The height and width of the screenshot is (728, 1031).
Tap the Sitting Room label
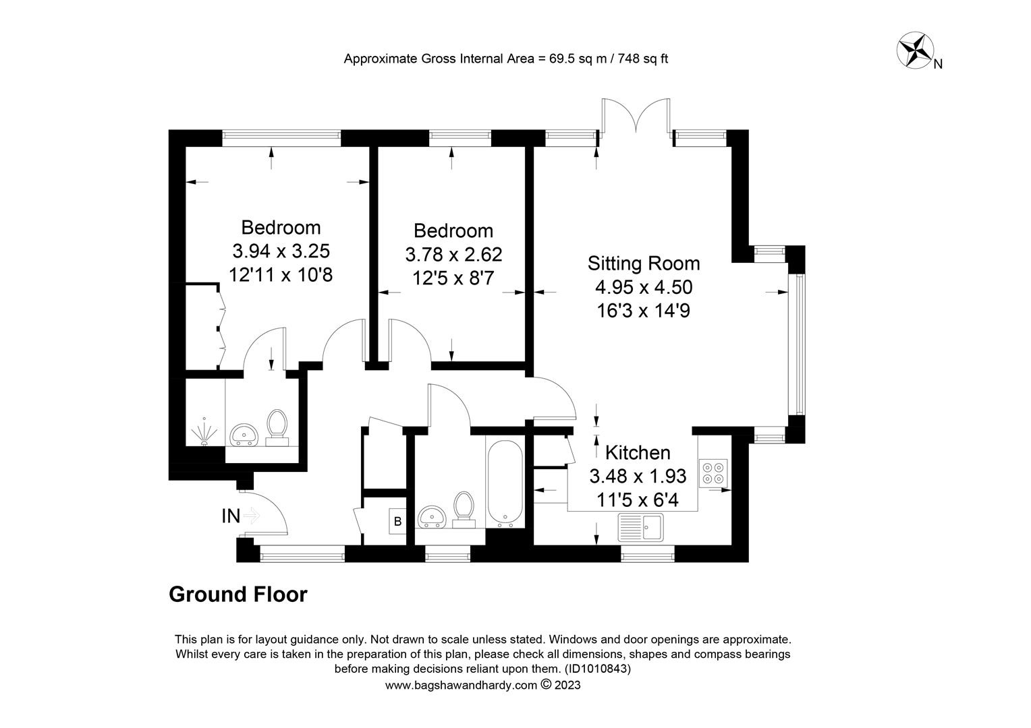point(644,264)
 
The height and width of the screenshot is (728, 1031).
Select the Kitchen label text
point(638,453)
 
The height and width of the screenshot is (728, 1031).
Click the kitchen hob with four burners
point(713,473)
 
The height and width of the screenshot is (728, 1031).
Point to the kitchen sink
point(640,527)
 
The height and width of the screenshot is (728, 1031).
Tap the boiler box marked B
point(397,521)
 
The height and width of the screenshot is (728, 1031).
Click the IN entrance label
point(231,516)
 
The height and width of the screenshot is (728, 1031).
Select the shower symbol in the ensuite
point(204,432)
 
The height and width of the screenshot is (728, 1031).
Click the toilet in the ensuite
point(277,427)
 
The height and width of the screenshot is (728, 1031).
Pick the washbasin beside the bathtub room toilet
point(432,517)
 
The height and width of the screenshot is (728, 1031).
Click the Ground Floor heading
point(238,595)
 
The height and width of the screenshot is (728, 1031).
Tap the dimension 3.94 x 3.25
point(281,251)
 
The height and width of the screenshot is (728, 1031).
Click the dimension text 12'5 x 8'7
point(453,278)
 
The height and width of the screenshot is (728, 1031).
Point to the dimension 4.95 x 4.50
point(644,287)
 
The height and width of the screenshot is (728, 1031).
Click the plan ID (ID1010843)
point(598,668)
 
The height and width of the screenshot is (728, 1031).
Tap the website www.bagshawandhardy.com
point(462,686)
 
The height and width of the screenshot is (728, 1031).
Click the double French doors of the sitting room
point(636,116)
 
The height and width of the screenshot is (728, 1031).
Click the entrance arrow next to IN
point(251,516)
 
